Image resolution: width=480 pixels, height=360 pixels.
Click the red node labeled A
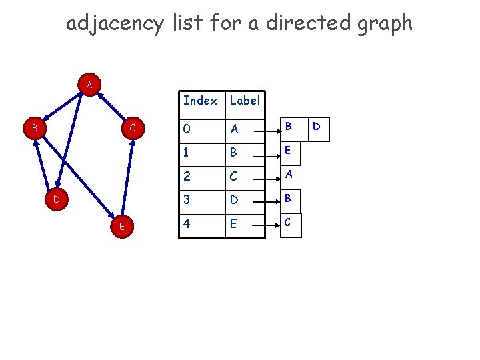[x=89, y=85]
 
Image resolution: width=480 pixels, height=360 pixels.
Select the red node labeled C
[x=133, y=127]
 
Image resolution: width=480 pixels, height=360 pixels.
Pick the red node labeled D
[x=57, y=199]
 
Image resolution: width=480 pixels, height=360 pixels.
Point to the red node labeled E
[x=121, y=227]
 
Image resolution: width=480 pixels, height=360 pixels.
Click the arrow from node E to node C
[x=128, y=177]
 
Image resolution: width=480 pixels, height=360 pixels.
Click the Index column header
[x=200, y=101]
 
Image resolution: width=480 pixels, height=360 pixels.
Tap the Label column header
[x=245, y=101]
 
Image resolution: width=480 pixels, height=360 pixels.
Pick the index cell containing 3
[x=187, y=201]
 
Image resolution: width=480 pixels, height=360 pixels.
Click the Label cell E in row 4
[x=233, y=224]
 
